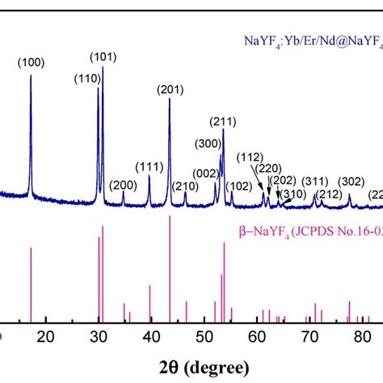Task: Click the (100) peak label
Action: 32,61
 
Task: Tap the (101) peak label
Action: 103,56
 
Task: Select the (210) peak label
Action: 185,187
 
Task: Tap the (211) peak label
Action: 223,122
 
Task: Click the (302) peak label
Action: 351,181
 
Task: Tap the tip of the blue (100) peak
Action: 31,76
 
